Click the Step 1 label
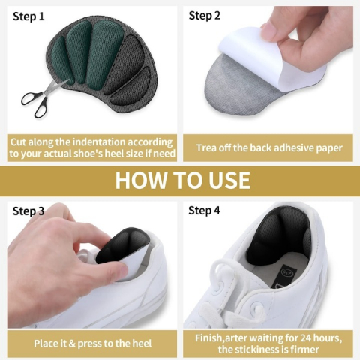tap(28, 16)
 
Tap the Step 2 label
tap(205, 16)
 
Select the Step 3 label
tap(28, 211)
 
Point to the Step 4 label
tap(204, 211)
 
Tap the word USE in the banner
tap(229, 180)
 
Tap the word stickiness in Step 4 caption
tap(260, 349)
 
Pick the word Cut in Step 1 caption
tap(18, 142)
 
